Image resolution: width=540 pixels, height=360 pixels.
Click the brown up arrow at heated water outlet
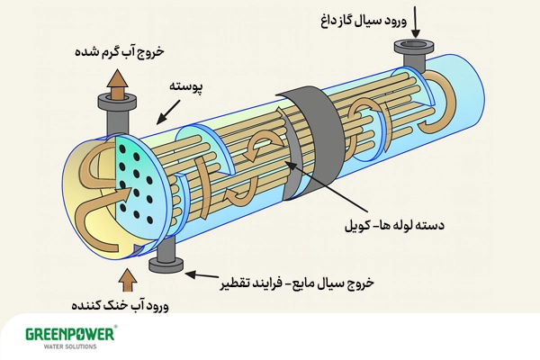pyautogui.click(x=118, y=83)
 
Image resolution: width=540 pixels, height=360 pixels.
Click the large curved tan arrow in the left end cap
pyautogui.click(x=94, y=202)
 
